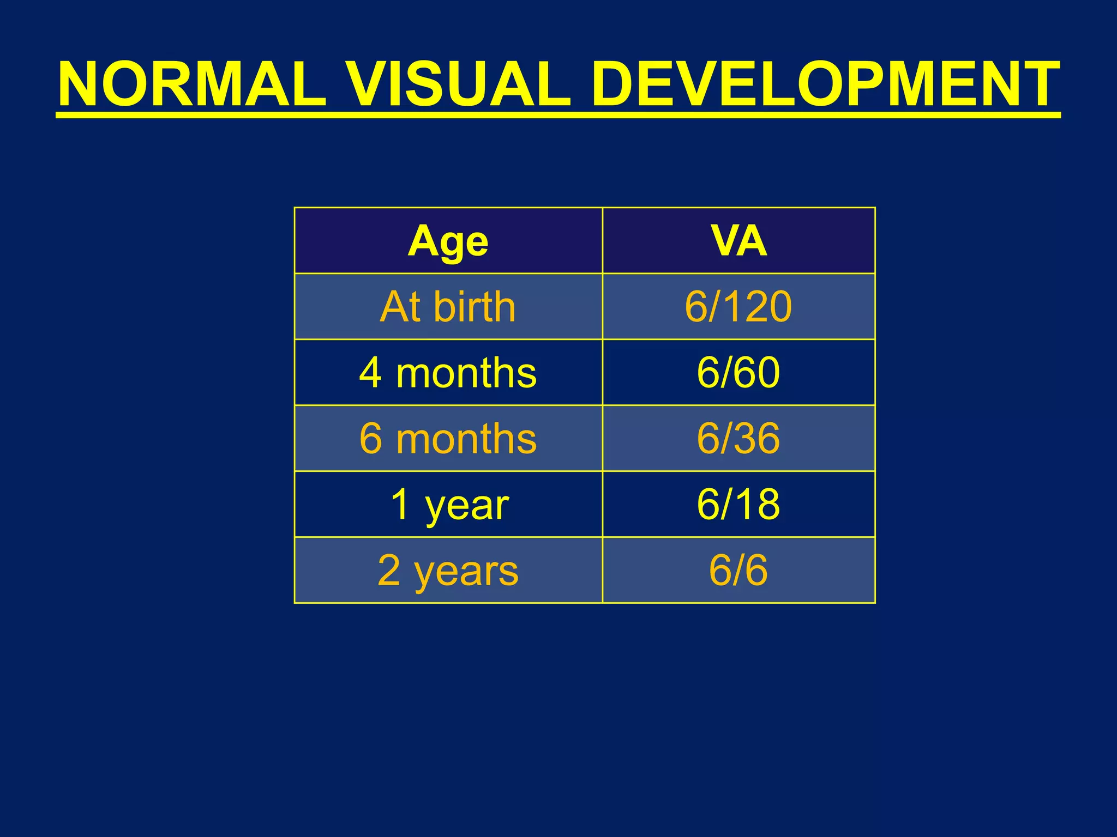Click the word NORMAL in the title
coord(192,84)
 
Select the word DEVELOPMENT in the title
coord(825,84)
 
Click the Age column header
coord(448,241)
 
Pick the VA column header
coord(738,240)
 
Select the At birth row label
coord(448,307)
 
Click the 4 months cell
coord(448,373)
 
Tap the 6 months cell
coord(448,439)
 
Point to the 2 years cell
coord(448,571)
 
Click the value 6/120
coord(738,307)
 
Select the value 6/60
coord(738,373)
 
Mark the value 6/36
coord(738,439)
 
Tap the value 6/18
coord(738,505)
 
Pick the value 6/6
coord(738,571)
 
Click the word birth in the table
coord(475,307)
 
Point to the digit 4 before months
coord(370,373)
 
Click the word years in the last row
coord(466,572)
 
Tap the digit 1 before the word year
coord(401,505)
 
